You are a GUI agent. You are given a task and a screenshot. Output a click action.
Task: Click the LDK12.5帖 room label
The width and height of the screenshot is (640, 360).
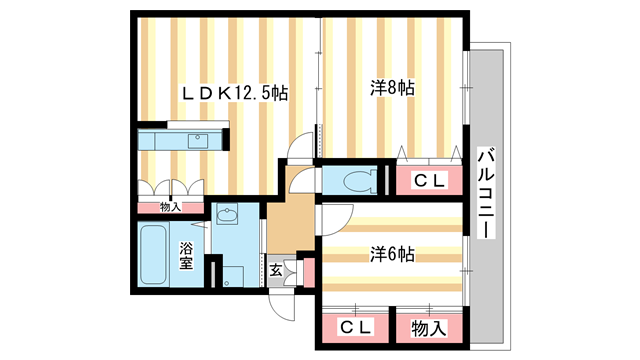click(x=234, y=92)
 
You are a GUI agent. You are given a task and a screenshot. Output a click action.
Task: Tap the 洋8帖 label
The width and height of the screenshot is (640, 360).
click(x=392, y=89)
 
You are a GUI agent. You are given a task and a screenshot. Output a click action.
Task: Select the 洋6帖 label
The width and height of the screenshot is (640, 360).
click(x=392, y=255)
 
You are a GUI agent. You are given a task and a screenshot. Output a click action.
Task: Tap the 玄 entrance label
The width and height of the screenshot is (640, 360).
click(x=275, y=268)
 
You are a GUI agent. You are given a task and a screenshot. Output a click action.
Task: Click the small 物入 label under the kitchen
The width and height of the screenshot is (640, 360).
click(x=170, y=207)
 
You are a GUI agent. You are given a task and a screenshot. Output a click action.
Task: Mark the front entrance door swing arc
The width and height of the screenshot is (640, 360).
click(x=283, y=304)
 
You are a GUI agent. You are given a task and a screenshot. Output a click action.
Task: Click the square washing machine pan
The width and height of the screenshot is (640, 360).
click(x=234, y=275)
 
